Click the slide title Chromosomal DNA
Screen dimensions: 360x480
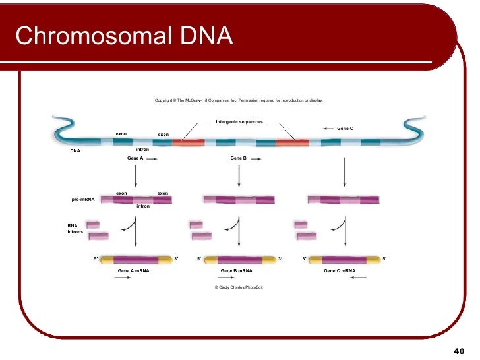click(x=124, y=36)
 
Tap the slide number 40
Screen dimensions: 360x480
click(x=460, y=351)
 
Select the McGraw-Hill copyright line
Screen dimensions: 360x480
click(x=239, y=100)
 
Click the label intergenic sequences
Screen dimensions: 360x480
click(x=239, y=122)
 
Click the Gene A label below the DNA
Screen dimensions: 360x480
click(x=135, y=158)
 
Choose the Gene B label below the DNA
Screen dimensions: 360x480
click(x=238, y=158)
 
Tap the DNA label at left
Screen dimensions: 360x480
click(x=75, y=150)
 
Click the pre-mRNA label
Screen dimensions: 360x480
click(x=83, y=198)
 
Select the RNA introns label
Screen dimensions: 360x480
click(x=75, y=229)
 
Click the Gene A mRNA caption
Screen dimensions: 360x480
click(x=133, y=270)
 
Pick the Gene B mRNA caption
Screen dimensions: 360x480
click(x=236, y=270)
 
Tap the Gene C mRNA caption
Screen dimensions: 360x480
click(x=340, y=270)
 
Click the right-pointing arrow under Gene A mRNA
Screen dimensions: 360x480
click(x=123, y=278)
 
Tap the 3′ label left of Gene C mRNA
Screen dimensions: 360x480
click(x=304, y=259)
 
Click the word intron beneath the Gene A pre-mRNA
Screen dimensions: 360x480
click(x=143, y=206)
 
